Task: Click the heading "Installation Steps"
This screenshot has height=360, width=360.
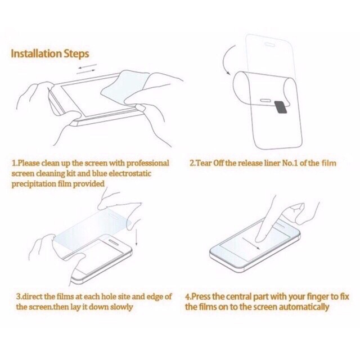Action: (50, 54)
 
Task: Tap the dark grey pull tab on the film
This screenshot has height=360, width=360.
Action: (281, 107)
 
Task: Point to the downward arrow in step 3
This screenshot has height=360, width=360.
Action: (137, 237)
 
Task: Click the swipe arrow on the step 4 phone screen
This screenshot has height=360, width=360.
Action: (251, 244)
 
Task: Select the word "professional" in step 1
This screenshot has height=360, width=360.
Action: (148, 163)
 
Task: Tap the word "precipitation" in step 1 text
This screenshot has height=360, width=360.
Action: (34, 184)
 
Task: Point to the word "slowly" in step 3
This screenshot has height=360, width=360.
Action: (121, 307)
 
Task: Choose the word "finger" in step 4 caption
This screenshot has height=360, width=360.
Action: (317, 297)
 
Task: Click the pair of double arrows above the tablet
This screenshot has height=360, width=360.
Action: (86, 69)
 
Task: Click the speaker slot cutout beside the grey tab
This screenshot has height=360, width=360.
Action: (266, 100)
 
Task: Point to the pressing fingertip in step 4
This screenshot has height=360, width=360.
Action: (259, 240)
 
